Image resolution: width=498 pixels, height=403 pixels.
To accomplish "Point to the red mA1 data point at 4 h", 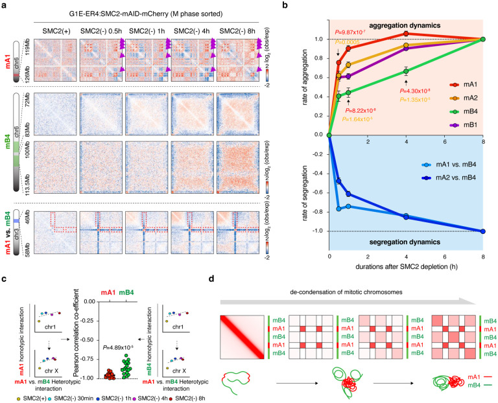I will coord(406,33).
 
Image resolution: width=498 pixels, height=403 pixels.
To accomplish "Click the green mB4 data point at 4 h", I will coord(406,71).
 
